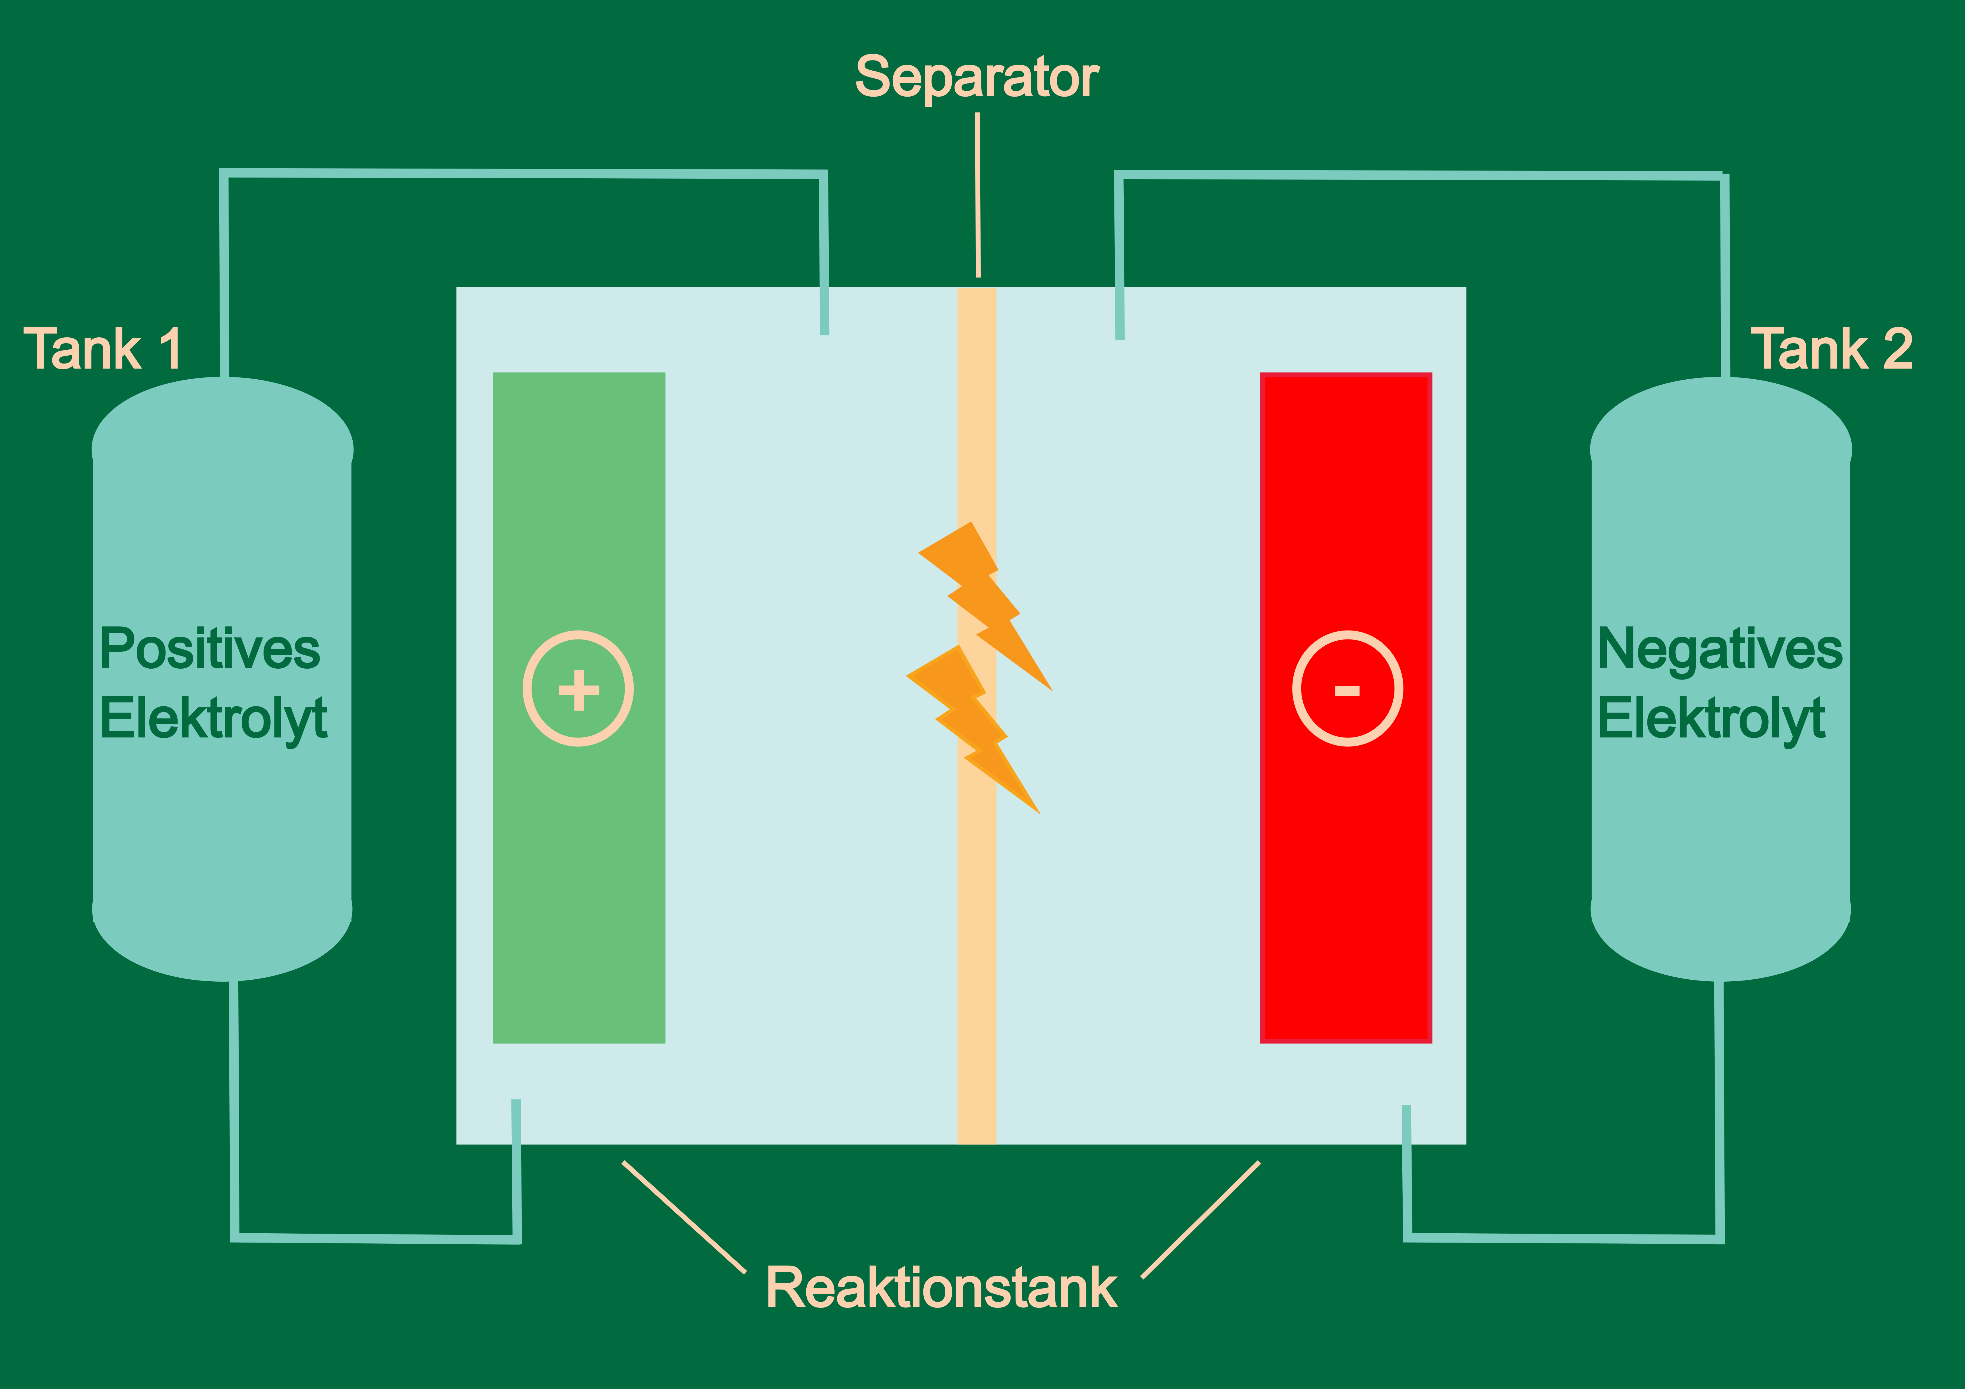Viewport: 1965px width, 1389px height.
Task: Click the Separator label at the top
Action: pos(977,78)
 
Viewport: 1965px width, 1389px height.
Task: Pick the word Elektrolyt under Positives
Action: pos(213,719)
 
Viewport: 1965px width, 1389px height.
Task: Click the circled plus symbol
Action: pos(579,689)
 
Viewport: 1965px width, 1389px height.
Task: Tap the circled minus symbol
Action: pos(1347,689)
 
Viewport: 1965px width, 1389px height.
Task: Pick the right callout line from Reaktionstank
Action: pos(1201,1220)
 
